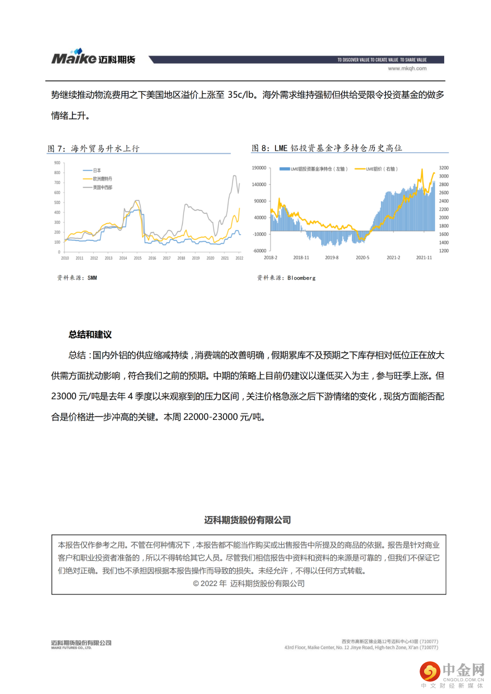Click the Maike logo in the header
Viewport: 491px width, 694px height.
(x=93, y=58)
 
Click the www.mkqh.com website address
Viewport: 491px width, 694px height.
(x=407, y=69)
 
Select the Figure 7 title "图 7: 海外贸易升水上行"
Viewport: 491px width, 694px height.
(x=94, y=149)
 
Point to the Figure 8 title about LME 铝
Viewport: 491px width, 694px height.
(x=327, y=148)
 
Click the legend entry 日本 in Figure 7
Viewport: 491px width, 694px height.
(x=97, y=170)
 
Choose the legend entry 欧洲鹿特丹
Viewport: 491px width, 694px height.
(x=102, y=179)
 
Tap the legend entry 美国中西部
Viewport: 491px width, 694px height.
(x=102, y=187)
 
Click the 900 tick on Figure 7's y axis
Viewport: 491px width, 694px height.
(x=57, y=163)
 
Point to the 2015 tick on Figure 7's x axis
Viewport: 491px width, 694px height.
(x=137, y=258)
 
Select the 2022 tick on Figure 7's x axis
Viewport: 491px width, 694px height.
(x=239, y=258)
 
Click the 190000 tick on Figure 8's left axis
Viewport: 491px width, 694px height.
(x=259, y=168)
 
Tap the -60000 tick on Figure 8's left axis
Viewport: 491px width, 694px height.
(x=260, y=251)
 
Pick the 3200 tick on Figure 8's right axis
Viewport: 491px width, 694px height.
(x=444, y=168)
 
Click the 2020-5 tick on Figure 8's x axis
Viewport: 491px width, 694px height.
(x=362, y=258)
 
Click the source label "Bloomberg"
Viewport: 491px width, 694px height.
(x=301, y=278)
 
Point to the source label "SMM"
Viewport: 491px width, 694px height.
(x=92, y=278)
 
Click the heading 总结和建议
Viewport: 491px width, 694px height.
(x=90, y=335)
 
